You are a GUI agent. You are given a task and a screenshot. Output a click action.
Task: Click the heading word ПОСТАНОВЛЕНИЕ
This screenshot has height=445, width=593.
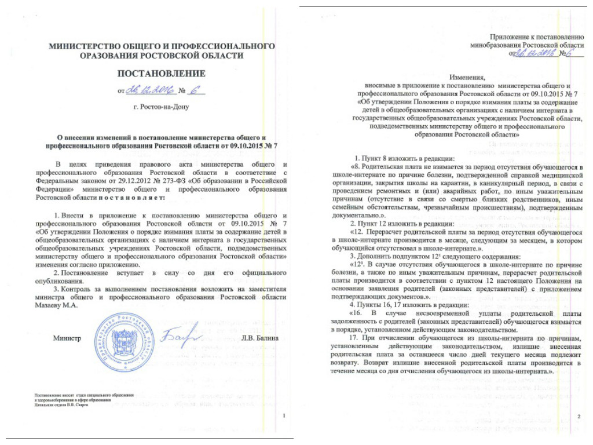[162, 74]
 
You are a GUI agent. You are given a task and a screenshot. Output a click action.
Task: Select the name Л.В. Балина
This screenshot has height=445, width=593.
[259, 338]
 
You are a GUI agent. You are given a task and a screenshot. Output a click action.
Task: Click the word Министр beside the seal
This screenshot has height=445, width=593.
[65, 338]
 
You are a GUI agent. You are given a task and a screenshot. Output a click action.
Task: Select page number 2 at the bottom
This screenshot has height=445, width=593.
[579, 417]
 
